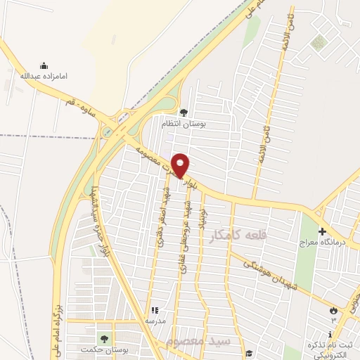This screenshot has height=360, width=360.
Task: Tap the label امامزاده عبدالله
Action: click(44, 75)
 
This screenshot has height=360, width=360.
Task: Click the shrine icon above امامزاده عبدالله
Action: click(44, 65)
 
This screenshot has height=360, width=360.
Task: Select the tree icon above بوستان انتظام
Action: click(184, 112)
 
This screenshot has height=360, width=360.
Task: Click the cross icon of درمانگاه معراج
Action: click(322, 232)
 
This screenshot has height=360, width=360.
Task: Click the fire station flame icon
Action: click(333, 310)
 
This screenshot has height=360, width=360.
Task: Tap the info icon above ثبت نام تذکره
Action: click(330, 334)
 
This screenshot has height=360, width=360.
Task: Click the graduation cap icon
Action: click(247, 353)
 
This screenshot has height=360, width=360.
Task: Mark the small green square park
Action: click(319, 43)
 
